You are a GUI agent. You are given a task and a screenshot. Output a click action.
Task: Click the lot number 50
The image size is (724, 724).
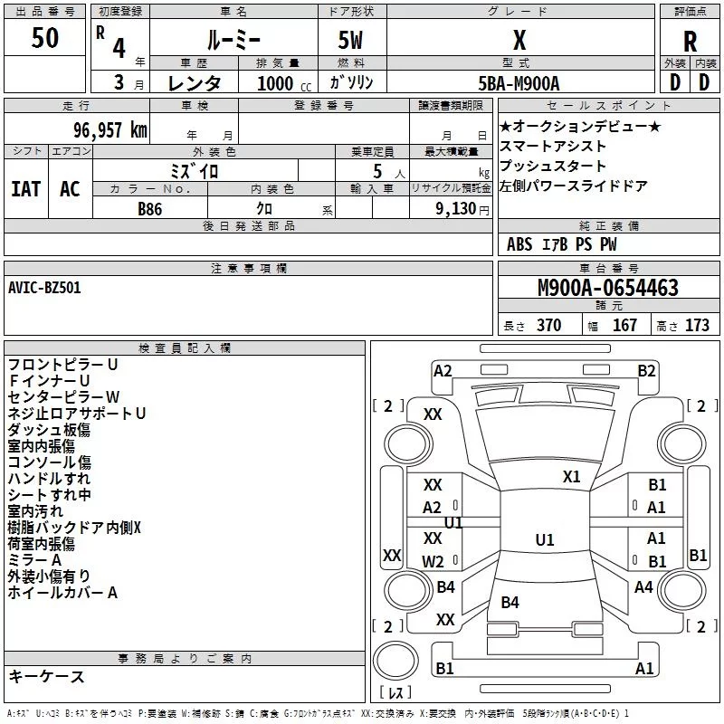point(45,39)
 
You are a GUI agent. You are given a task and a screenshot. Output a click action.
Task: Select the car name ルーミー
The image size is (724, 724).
point(233,39)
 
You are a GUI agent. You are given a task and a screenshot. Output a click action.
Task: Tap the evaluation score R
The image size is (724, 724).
point(691,42)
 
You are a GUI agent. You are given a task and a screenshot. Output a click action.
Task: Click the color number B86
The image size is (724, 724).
point(150,208)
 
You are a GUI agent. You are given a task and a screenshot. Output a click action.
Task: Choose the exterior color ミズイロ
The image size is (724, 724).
point(195,170)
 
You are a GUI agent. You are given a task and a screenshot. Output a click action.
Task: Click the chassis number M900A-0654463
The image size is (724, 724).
point(607,288)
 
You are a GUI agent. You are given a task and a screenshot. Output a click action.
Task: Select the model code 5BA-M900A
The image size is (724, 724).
point(519,83)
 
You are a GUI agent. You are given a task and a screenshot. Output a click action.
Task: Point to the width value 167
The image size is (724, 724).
point(624,326)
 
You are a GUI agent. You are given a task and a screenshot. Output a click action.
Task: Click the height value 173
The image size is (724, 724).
point(697,326)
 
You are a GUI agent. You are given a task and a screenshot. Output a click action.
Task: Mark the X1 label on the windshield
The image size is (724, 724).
point(572,476)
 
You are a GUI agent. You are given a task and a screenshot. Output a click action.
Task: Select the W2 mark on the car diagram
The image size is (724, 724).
point(433,562)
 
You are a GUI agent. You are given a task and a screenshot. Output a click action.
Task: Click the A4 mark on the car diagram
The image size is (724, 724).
point(643,587)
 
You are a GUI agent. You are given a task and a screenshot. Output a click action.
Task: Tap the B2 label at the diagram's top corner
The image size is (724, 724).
point(646,370)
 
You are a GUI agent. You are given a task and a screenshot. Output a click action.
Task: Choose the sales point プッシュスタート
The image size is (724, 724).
point(553,167)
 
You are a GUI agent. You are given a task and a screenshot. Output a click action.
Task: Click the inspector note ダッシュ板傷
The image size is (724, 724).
point(49,430)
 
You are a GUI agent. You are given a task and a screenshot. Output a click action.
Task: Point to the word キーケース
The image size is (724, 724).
point(47,676)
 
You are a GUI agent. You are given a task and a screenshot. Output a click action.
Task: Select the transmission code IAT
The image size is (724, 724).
point(25,189)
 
